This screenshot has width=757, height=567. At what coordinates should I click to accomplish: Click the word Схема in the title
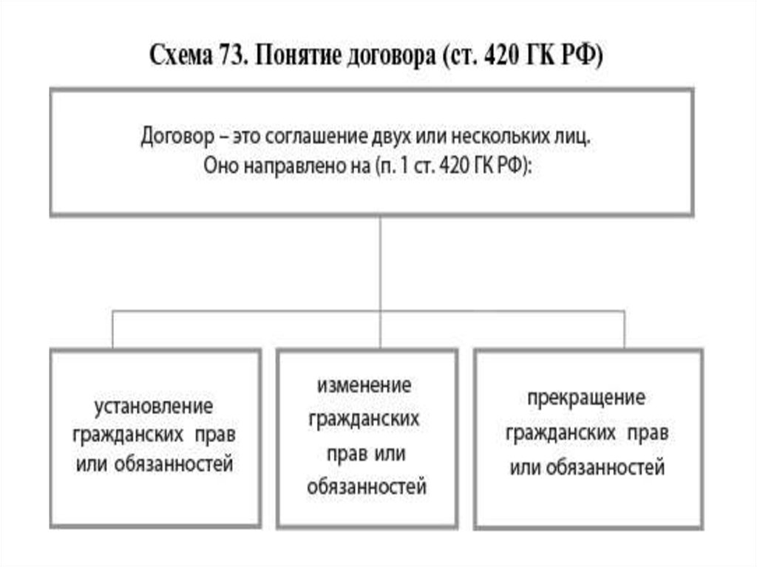186,56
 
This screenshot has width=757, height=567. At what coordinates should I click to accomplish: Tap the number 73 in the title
236,56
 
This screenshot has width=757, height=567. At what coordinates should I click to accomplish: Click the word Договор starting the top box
175,137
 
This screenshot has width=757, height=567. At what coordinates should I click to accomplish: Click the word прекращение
586,398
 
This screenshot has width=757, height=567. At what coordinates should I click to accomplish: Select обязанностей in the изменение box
367,487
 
